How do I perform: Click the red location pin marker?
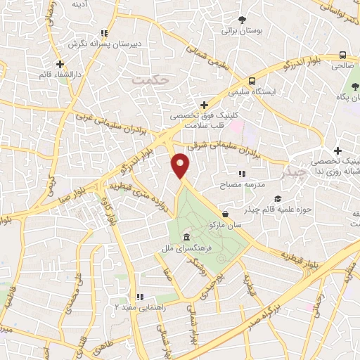pyautogui.click(x=181, y=165)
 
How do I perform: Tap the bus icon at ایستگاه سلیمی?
pyautogui.click(x=252, y=80)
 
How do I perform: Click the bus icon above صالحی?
pyautogui.click(x=342, y=55)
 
